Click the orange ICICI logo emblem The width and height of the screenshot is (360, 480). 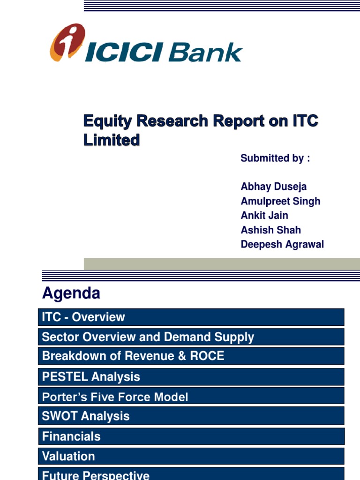tap(67, 43)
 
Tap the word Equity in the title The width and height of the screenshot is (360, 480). tap(107, 121)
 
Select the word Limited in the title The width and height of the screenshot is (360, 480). tap(112, 140)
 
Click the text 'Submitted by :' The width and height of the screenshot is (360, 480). tap(275, 158)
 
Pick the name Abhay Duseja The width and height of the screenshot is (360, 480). tap(273, 187)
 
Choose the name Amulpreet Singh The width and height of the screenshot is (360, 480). tap(280, 201)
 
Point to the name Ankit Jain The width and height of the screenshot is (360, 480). tap(264, 216)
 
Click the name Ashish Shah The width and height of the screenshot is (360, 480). tap(270, 230)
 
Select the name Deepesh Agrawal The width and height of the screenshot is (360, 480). tap(282, 245)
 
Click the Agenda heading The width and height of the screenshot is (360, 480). tap(71, 293)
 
